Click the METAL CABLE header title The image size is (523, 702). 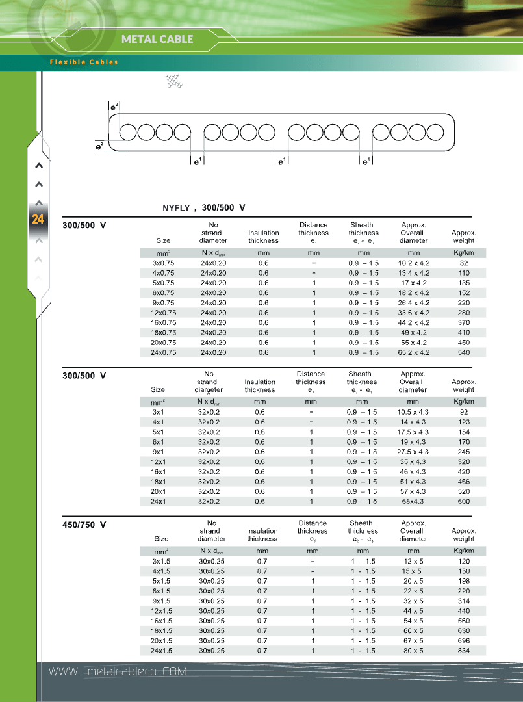coord(157,39)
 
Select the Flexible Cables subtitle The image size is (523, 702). coord(84,62)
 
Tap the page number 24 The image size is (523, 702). coord(38,220)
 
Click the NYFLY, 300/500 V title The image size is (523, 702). coord(203,208)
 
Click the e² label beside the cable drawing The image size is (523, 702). coord(99,147)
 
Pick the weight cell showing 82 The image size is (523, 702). coord(464,263)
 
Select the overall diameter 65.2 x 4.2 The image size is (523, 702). coord(413,352)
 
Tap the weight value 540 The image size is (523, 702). coord(464,352)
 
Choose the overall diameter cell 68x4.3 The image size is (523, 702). coord(413,501)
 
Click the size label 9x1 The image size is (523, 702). coord(158,452)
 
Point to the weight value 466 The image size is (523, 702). coord(463,482)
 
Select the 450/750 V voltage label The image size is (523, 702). coord(84,524)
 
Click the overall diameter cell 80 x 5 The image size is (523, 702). coord(413,650)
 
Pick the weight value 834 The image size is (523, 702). coord(464,650)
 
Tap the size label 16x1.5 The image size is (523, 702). coord(161,621)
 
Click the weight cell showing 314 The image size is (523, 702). coord(464,601)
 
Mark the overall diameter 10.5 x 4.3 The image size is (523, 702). coord(413,412)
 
